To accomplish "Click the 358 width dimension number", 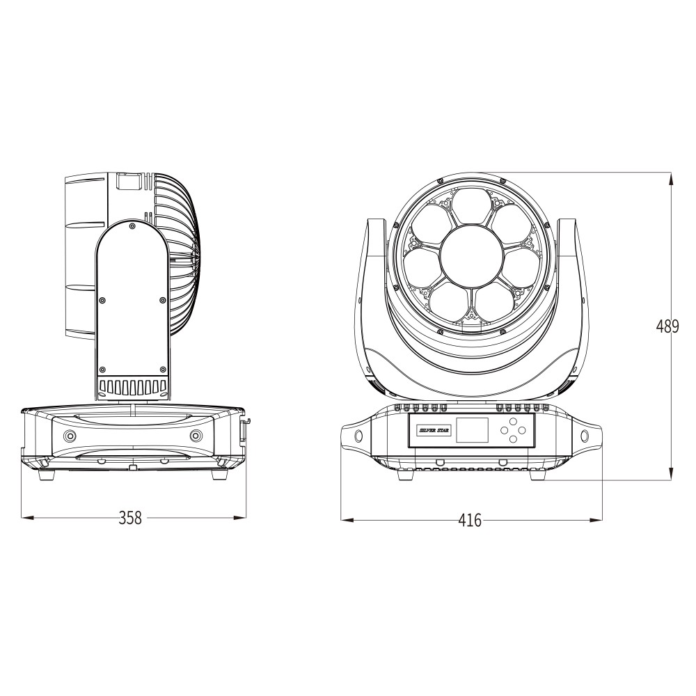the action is pyautogui.click(x=130, y=518).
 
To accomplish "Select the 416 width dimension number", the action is pyautogui.click(x=470, y=520).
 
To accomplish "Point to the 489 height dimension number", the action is pyautogui.click(x=667, y=326).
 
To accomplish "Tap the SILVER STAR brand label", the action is pyautogui.click(x=434, y=430).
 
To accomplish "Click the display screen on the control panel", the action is pyautogui.click(x=472, y=429).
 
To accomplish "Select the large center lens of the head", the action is pyautogui.click(x=471, y=254).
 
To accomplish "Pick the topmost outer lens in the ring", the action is pyautogui.click(x=471, y=207).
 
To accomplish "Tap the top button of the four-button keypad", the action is pyautogui.click(x=513, y=422).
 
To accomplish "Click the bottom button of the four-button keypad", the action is pyautogui.click(x=513, y=438).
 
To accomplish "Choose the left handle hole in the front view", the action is pyautogui.click(x=358, y=436).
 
